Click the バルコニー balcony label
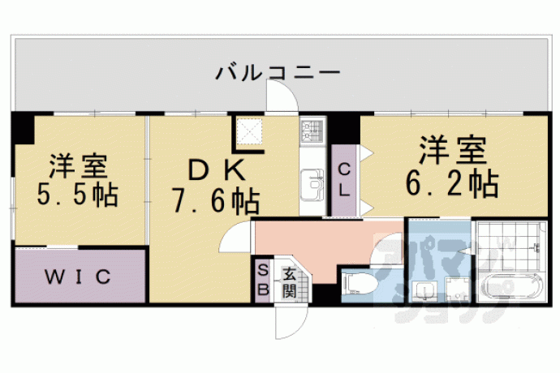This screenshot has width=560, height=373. click(x=278, y=73)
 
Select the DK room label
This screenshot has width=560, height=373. click(x=217, y=170)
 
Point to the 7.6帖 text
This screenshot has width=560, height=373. click(x=217, y=201)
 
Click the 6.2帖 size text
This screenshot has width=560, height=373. click(x=453, y=184)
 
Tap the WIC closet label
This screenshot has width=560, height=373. click(x=78, y=277)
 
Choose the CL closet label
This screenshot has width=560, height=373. click(x=344, y=180)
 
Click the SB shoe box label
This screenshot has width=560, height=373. click(x=263, y=281)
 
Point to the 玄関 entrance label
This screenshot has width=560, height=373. click(x=289, y=282)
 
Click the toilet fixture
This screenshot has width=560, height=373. click(x=360, y=284)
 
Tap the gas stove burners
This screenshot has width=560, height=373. click(x=312, y=131)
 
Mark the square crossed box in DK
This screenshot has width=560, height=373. click(x=250, y=131)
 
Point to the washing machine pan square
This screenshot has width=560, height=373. click(x=458, y=289)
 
